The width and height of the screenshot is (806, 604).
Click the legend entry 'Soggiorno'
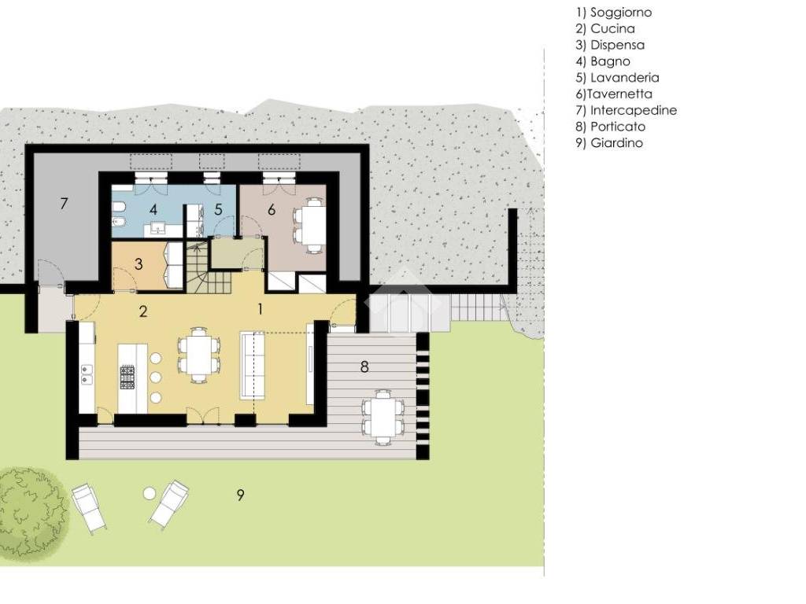coord(620,13)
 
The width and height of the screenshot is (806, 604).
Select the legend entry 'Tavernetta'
coord(619,94)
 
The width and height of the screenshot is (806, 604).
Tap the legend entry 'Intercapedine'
coord(634,110)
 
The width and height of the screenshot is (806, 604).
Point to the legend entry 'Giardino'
coord(616,143)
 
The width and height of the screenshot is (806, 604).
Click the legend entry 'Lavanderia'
coord(624,78)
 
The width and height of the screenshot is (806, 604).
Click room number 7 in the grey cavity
coord(64,204)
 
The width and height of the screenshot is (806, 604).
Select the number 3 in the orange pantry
coord(139,264)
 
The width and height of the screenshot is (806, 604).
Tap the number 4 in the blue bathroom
coord(153,209)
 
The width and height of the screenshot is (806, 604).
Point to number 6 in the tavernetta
coord(272,209)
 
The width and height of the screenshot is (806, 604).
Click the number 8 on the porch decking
coord(364,366)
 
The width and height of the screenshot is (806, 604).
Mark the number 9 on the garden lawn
coord(240,495)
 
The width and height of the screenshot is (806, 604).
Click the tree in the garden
coord(31,510)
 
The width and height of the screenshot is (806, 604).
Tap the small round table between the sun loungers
coord(149,494)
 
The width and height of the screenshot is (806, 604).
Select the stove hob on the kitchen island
coord(127,377)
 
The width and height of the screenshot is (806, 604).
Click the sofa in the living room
coord(253,365)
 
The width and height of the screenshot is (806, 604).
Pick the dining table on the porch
coord(383,417)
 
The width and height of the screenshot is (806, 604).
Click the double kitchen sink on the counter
coord(87,374)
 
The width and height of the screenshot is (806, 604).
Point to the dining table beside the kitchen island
coord(199,355)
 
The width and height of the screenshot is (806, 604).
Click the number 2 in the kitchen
coord(143,311)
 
